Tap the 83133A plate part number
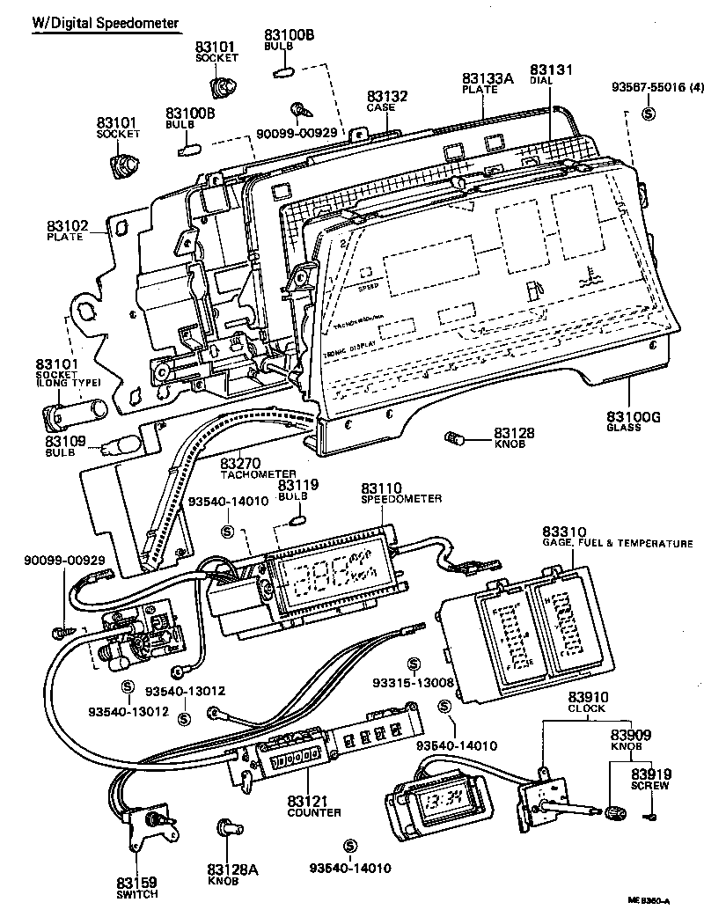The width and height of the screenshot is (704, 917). [488, 77]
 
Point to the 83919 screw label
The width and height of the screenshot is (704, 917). [652, 774]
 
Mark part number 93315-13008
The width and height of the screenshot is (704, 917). [414, 682]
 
